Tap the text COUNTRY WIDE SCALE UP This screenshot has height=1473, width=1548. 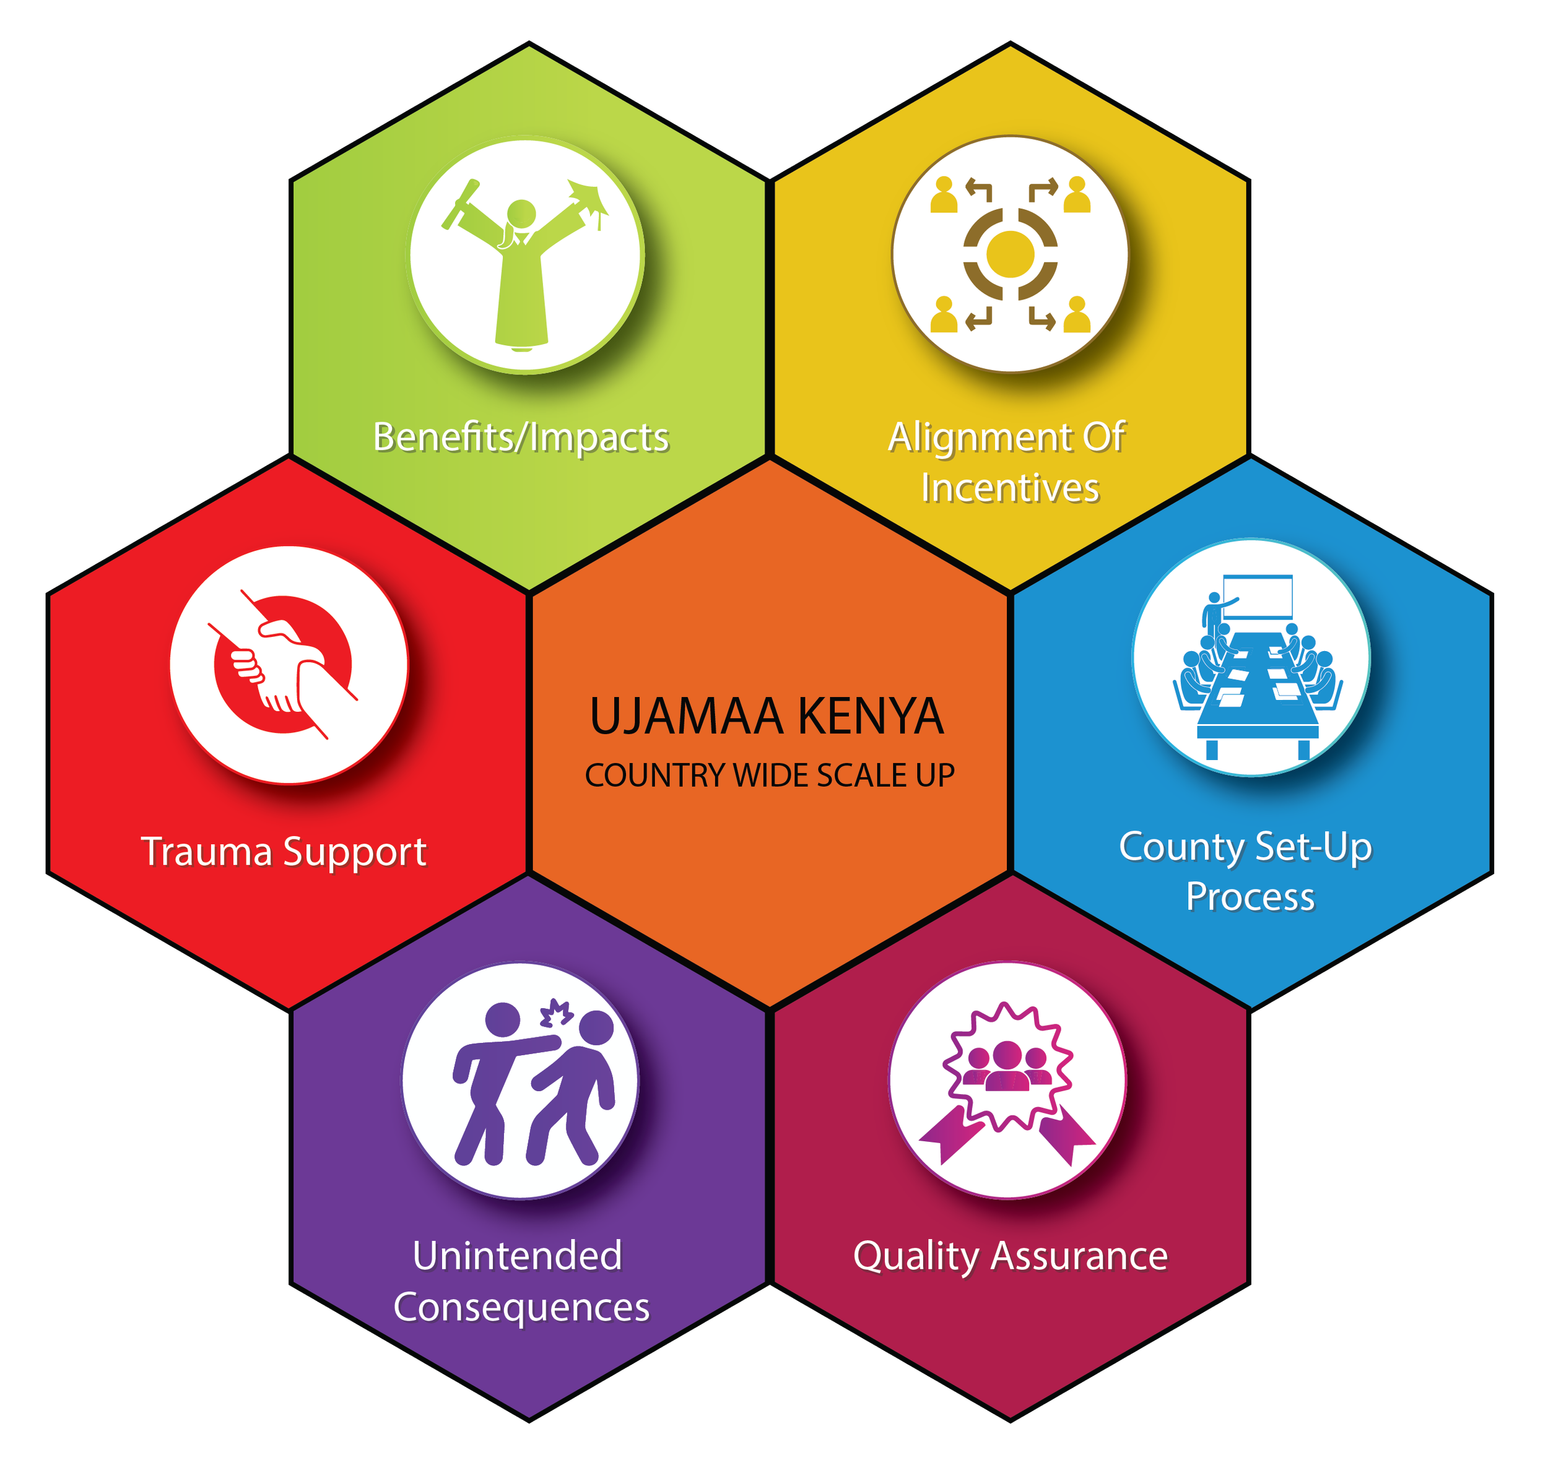tap(769, 775)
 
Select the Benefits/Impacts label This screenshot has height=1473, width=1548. tap(521, 438)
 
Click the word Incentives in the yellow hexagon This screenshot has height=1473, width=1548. tap(1009, 488)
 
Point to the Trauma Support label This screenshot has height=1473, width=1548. tap(284, 852)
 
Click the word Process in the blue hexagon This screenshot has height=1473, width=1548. tap(1250, 897)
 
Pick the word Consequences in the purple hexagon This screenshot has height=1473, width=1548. tap(521, 1307)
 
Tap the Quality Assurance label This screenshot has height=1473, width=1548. tap(1010, 1256)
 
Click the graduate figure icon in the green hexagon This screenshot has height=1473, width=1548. tap(521, 267)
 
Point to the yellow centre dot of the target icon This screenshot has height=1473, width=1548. tap(1010, 254)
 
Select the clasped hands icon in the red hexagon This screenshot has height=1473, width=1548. tap(287, 664)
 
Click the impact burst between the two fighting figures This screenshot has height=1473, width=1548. tap(556, 1014)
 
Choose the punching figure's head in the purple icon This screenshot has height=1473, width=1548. tap(503, 1021)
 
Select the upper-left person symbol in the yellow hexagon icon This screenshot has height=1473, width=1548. tap(943, 196)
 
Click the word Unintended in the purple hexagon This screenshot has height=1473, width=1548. tap(517, 1256)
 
